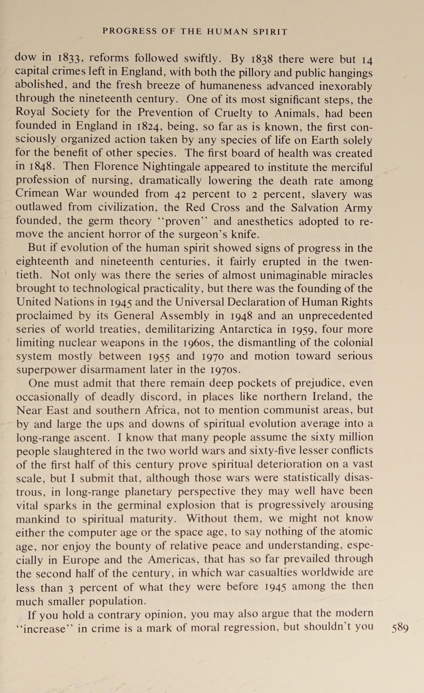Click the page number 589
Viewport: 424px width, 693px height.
tap(400, 628)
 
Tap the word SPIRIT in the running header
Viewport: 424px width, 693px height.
tap(270, 32)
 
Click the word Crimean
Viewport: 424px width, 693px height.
tap(37, 193)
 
